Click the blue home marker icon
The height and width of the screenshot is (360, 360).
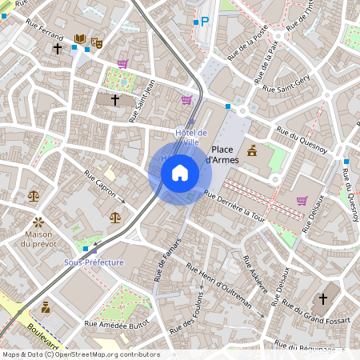180,171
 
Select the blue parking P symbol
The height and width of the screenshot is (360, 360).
205,22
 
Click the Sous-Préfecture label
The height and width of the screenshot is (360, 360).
94,262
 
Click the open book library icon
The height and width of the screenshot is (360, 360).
80,38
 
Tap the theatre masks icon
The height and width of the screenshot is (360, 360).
98,42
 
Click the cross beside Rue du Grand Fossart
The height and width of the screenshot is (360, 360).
323,298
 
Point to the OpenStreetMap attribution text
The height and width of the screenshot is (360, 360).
81,354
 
